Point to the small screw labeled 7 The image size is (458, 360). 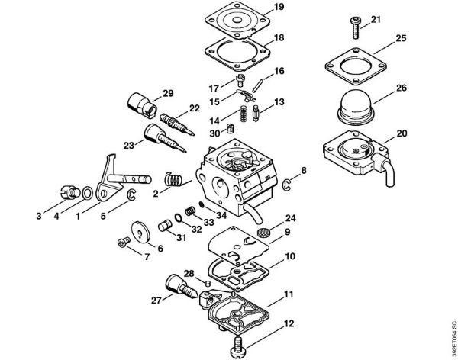121,243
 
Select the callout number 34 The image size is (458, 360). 222,214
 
